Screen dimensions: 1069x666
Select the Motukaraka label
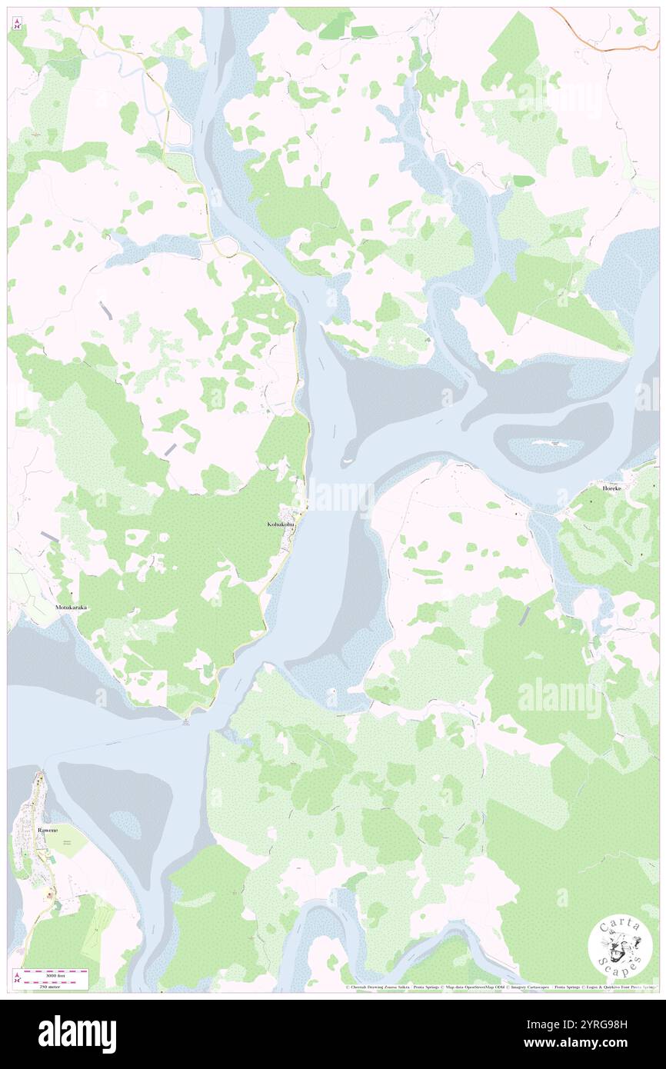coord(72,608)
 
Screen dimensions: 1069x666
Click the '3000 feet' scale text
coord(54,972)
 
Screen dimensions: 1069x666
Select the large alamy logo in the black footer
coord(77,1034)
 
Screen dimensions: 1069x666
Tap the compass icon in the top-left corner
coord(17,25)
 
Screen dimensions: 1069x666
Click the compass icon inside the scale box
coord(18,977)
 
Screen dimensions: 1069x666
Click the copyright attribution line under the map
coord(500,987)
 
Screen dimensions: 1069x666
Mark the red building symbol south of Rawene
coord(50,894)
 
